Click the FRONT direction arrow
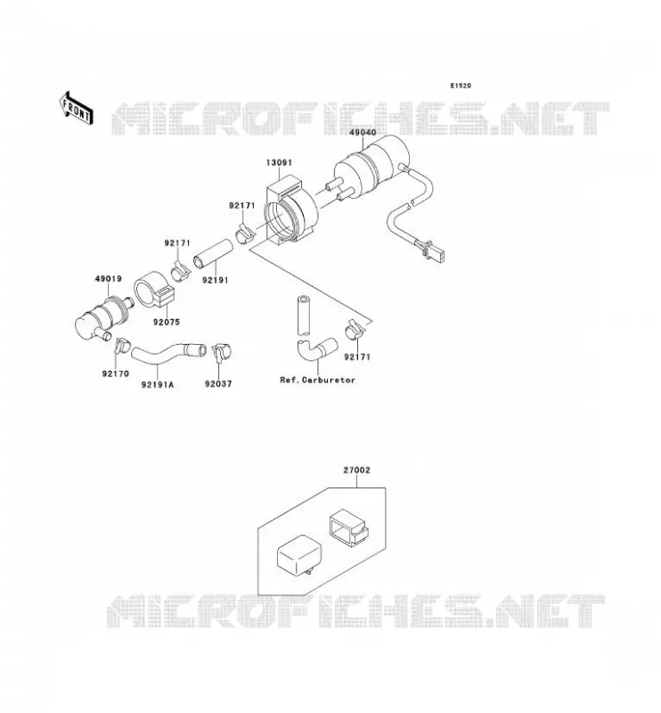[x=77, y=108]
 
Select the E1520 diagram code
[x=461, y=86]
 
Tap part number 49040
[x=363, y=132]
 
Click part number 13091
[x=279, y=162]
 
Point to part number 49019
[x=108, y=278]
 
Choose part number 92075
[x=167, y=322]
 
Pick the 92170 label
[x=116, y=373]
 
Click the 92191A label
[x=158, y=385]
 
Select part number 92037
[x=218, y=384]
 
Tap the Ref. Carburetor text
[x=317, y=380]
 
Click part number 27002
[x=356, y=471]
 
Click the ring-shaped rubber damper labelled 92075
[x=153, y=291]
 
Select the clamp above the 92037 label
[x=222, y=351]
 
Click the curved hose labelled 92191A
[x=167, y=353]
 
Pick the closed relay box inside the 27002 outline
[x=298, y=559]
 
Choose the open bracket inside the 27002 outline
[x=347, y=527]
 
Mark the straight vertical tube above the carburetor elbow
[x=303, y=316]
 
